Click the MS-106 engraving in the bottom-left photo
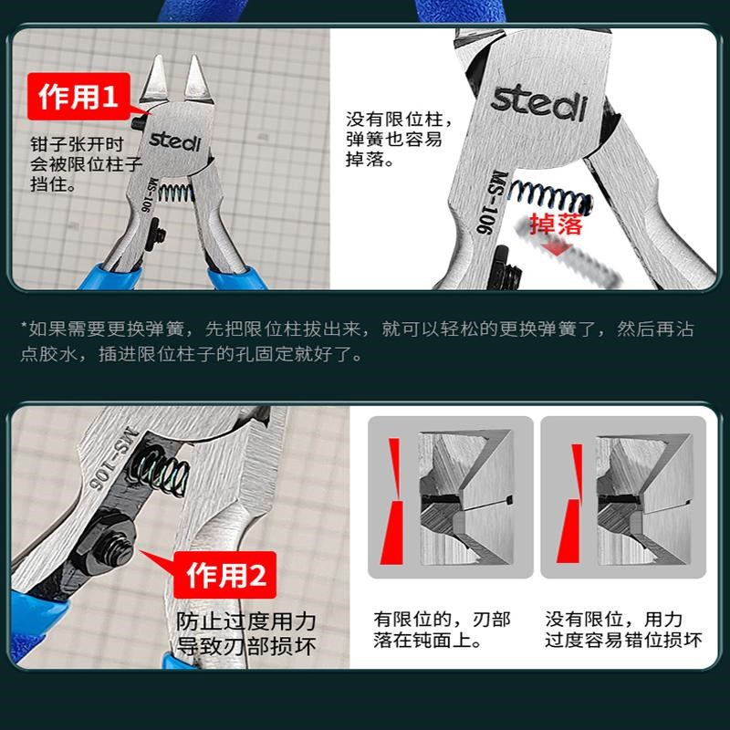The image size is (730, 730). pyautogui.click(x=113, y=448)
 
